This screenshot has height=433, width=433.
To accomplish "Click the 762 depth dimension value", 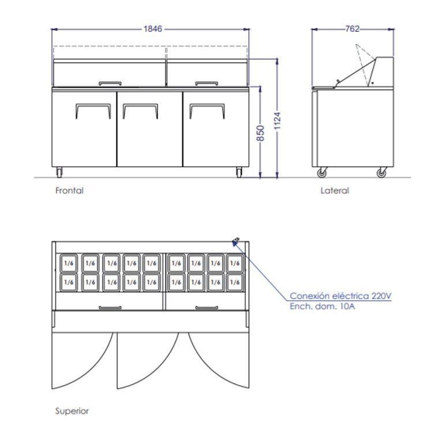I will point(353,28).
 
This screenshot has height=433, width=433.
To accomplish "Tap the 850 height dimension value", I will point(261,133).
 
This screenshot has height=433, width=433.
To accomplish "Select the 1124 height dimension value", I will point(278,120).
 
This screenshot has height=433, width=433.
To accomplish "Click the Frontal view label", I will point(69,190).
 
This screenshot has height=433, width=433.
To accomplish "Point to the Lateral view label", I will point(335,190).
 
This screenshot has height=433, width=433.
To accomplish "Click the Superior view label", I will point(72,411).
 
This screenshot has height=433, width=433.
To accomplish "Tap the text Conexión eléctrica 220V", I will point(341,296).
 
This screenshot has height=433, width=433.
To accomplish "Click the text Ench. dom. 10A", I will point(322,306).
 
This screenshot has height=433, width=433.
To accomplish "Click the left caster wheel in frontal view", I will point(59,172).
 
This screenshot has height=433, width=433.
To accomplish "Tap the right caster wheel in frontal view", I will point(240,172).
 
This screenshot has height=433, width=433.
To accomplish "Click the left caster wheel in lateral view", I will point(322,173).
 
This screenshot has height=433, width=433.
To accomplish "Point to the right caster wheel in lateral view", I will point(381,173).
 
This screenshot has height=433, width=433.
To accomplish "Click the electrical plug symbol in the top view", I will point(236,241).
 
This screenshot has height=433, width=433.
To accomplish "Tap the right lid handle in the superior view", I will point(206,308).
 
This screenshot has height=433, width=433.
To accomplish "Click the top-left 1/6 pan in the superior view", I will point(69,263).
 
